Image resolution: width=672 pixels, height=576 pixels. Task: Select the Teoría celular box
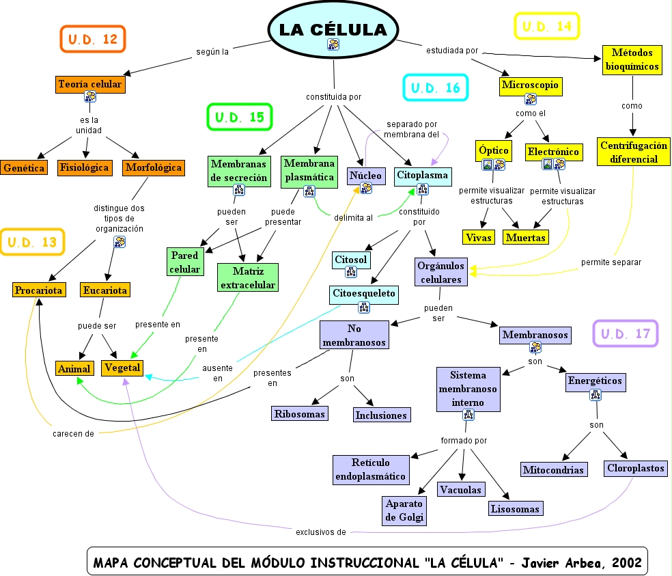90,84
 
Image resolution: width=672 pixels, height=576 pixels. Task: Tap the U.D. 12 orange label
93,39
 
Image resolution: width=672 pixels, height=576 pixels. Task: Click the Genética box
24,167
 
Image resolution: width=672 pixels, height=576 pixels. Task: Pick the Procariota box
38,290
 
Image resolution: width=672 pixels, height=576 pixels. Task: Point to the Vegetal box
123,368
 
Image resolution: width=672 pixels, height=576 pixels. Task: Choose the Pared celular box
185,262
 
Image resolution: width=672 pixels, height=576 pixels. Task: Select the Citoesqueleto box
363,294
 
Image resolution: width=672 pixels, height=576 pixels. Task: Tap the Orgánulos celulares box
441,272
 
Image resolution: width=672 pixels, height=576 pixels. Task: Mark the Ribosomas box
300,413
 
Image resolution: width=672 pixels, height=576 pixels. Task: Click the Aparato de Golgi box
405,510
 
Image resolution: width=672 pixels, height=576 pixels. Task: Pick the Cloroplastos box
636,469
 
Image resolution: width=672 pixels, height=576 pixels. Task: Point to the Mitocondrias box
554,470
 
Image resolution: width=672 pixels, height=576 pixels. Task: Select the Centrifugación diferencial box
633,152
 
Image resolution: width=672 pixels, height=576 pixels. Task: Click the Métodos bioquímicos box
631,59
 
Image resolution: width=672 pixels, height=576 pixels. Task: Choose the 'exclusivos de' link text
320,531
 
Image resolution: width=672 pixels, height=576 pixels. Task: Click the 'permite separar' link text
611,262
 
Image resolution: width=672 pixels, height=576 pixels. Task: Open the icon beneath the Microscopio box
530,99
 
